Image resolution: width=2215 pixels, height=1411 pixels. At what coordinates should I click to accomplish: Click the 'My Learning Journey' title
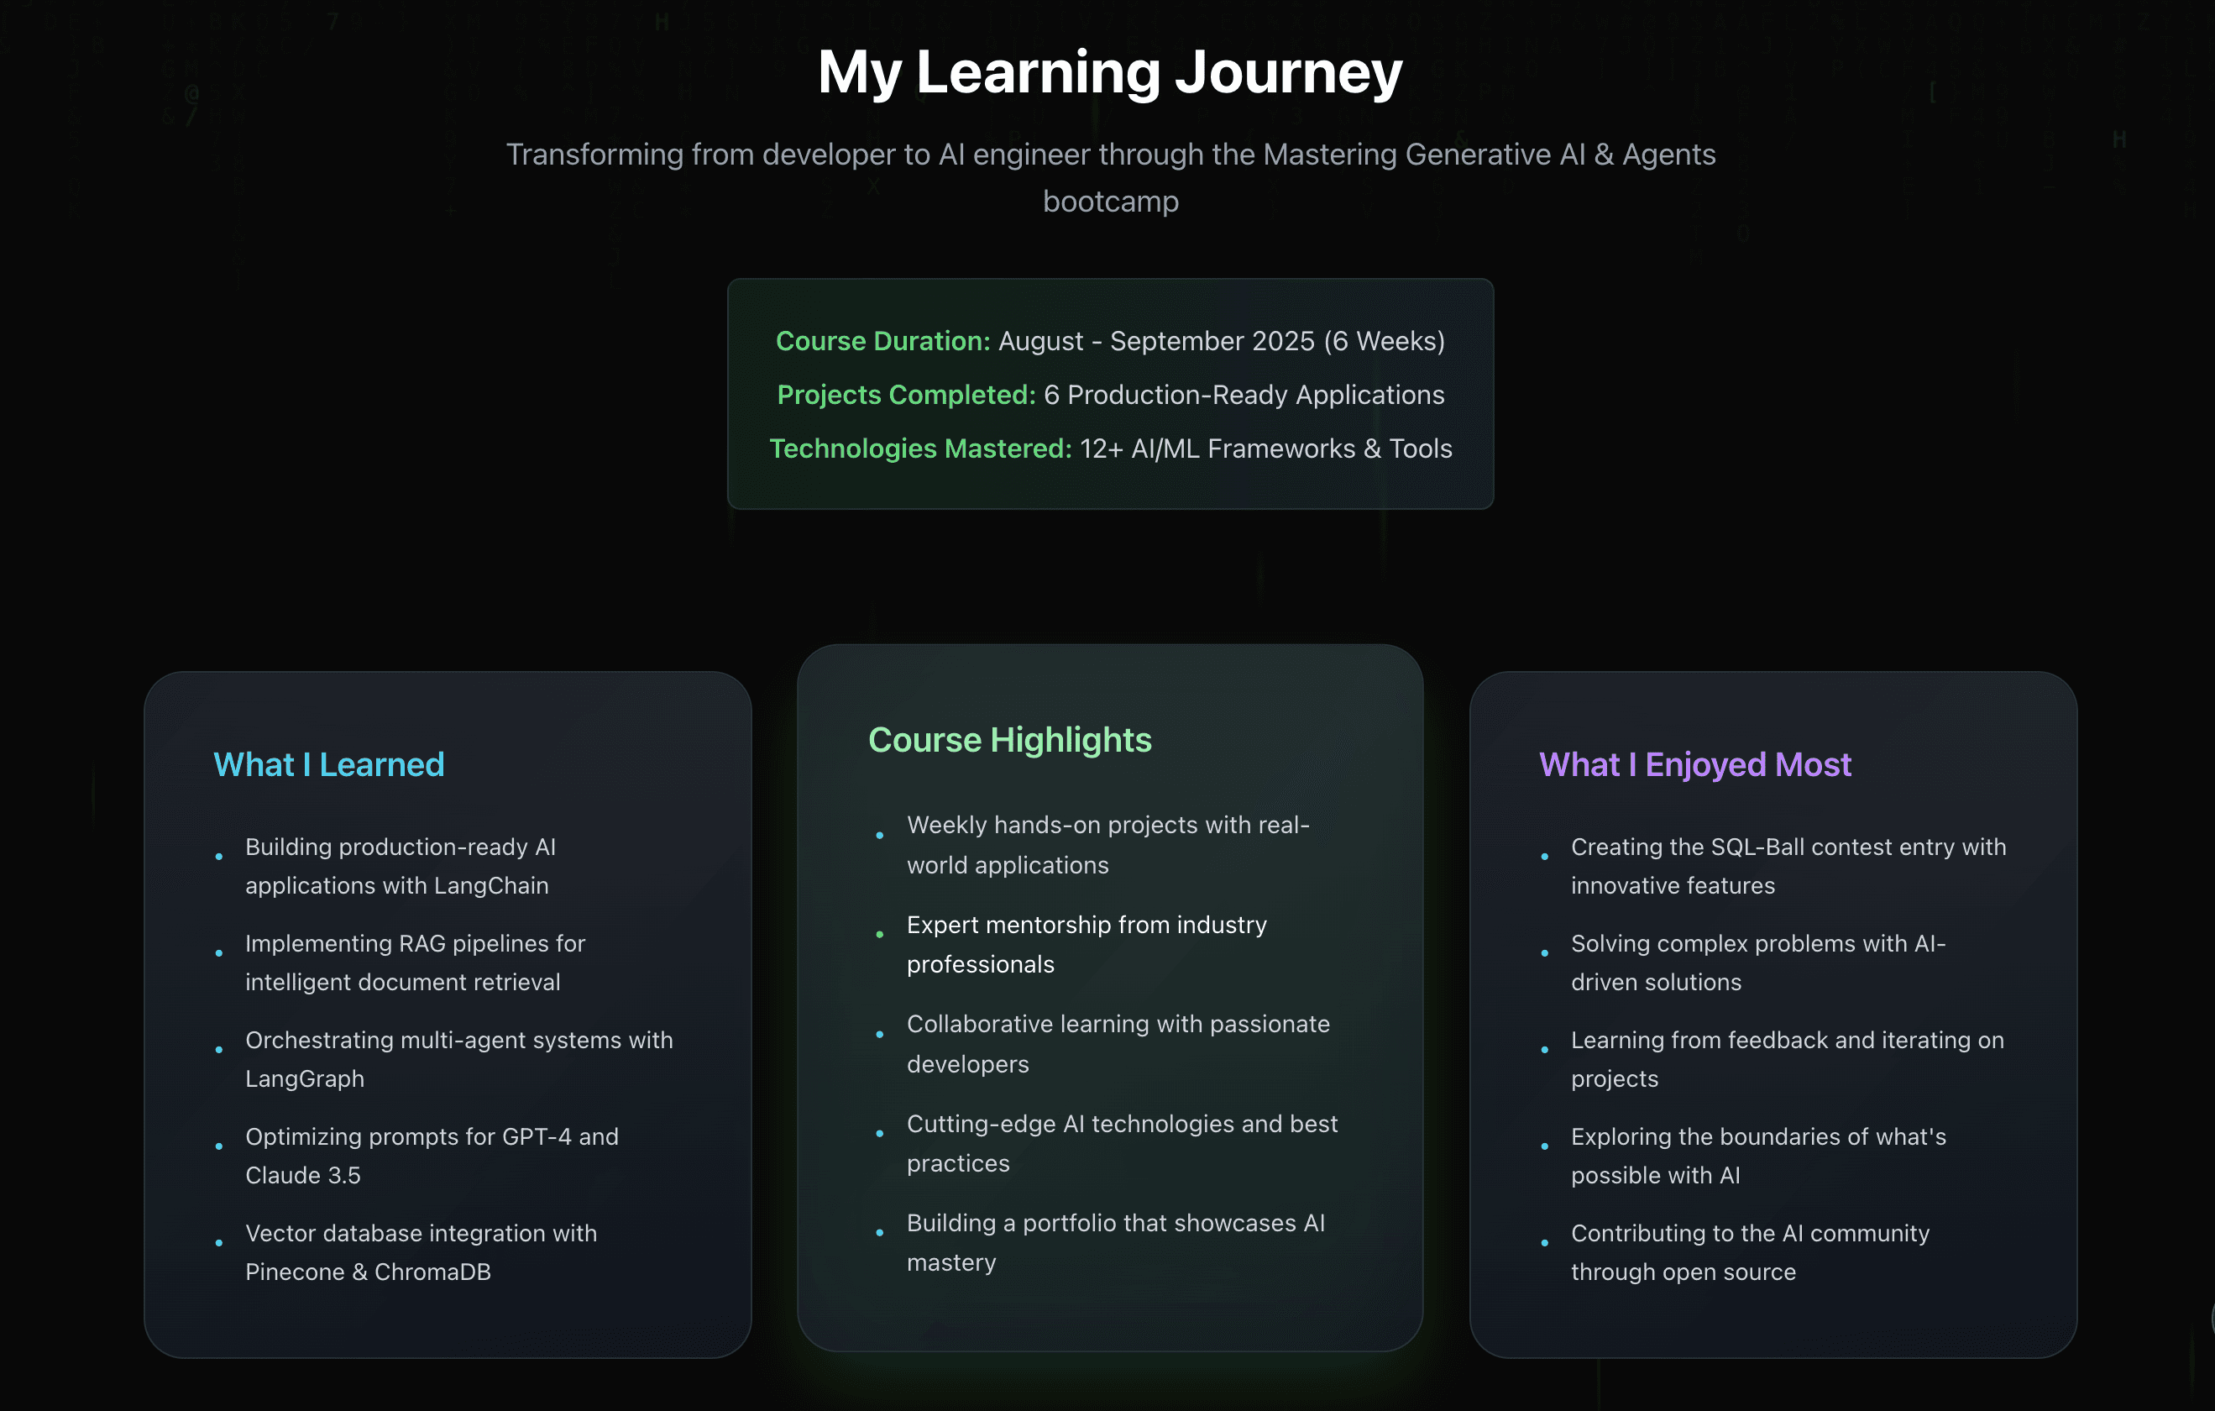1110,74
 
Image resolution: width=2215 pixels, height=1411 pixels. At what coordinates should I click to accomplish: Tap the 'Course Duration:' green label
883,341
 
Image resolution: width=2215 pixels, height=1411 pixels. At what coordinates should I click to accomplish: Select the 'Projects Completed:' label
906,395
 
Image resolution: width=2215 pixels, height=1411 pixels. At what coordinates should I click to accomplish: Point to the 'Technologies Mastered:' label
921,448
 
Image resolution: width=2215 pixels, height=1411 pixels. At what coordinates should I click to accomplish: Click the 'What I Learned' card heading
328,764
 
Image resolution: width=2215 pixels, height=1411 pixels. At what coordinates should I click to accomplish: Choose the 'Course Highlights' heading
1010,741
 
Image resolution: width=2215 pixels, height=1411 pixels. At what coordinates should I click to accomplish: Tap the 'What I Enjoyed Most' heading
1694,764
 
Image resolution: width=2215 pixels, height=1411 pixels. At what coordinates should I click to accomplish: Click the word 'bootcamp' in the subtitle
1110,202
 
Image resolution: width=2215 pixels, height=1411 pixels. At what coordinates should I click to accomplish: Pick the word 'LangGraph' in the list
305,1080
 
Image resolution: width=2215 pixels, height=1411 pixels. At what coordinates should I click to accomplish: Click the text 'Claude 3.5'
302,1176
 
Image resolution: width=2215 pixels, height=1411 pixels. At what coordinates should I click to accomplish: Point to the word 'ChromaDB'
432,1272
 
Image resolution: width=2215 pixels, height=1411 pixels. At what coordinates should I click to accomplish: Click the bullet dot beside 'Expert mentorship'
880,935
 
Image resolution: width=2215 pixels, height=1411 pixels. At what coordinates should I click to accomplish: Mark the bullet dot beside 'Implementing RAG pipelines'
219,953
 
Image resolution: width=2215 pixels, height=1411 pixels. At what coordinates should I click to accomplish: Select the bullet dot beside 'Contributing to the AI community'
1544,1243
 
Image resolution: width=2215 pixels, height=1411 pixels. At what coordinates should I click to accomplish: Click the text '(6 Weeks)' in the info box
1385,341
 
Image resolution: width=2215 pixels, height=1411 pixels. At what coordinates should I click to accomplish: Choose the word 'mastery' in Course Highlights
951,1264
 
